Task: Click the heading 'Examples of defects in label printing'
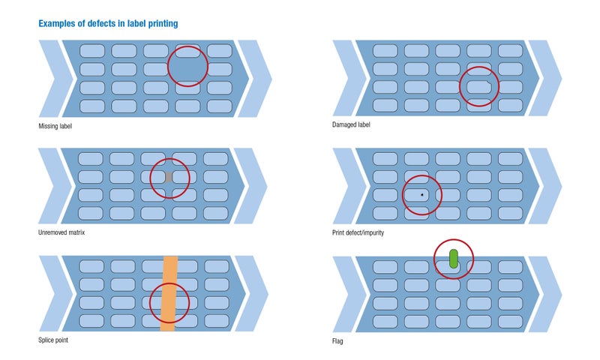point(108,24)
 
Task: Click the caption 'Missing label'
point(55,126)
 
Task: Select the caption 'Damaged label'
point(351,124)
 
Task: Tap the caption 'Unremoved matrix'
point(61,232)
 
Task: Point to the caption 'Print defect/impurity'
point(358,232)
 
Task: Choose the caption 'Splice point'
point(53,340)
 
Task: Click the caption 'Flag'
point(337,340)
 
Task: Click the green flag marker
point(454,259)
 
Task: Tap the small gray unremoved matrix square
point(169,177)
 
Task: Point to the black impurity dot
point(422,195)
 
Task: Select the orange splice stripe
point(169,293)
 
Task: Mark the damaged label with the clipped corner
point(478,87)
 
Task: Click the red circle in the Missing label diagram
point(167,66)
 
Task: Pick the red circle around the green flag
point(434,259)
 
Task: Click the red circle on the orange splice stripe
point(149,303)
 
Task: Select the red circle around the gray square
point(150,178)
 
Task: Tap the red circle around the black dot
point(403,195)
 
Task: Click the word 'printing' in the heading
point(163,24)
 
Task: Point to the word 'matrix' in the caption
point(76,232)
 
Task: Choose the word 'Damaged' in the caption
point(343,124)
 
